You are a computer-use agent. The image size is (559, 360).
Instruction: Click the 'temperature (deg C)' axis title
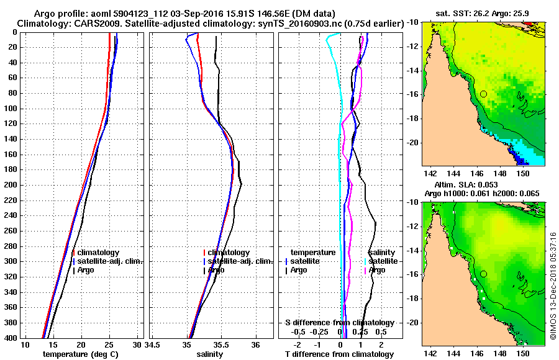pyautogui.click(x=80, y=354)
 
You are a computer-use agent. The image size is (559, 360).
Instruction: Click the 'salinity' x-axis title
pyautogui.click(x=211, y=354)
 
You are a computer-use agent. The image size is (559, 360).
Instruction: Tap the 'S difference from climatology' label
pyautogui.click(x=339, y=323)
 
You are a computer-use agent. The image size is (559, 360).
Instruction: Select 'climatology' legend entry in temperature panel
pyautogui.click(x=98, y=253)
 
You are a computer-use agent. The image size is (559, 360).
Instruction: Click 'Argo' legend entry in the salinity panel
pyautogui.click(x=216, y=270)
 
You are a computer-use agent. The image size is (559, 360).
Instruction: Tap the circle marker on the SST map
pyautogui.click(x=483, y=94)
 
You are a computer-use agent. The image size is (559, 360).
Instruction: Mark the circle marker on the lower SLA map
pyautogui.click(x=483, y=274)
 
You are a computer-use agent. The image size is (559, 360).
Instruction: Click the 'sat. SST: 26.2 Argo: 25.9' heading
pyautogui.click(x=484, y=14)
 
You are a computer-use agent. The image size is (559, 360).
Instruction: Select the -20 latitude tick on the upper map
pyautogui.click(x=412, y=142)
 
